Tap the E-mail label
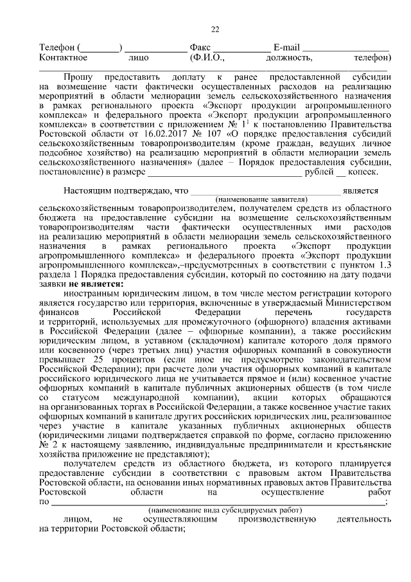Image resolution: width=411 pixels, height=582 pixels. tap(286, 48)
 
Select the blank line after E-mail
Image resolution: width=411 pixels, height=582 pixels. tap(345, 49)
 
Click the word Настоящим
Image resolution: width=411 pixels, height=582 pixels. tap(87, 190)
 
